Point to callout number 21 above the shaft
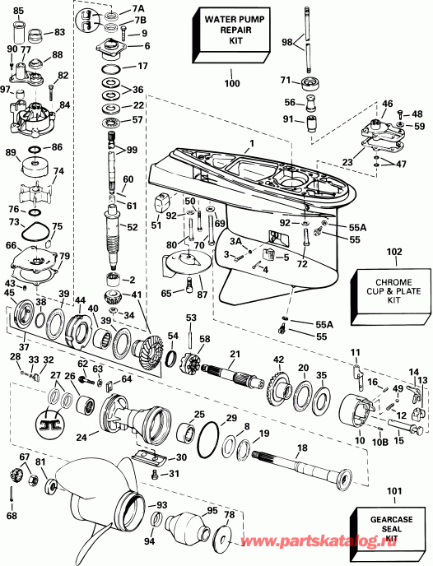pyautogui.click(x=235, y=354)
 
